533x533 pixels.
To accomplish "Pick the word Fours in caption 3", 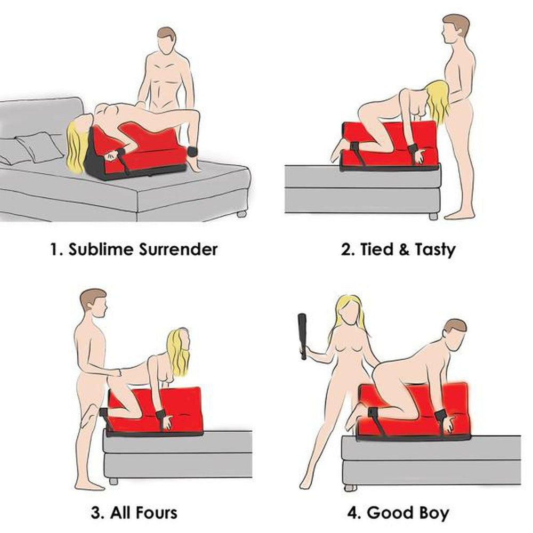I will coord(153,513).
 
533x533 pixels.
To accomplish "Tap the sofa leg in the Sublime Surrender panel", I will coord(241,214).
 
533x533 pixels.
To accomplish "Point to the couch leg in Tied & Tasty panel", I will coord(433,216).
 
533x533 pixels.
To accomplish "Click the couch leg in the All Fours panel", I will coord(113,481).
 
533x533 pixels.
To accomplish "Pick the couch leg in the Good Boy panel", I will coord(349,487).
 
